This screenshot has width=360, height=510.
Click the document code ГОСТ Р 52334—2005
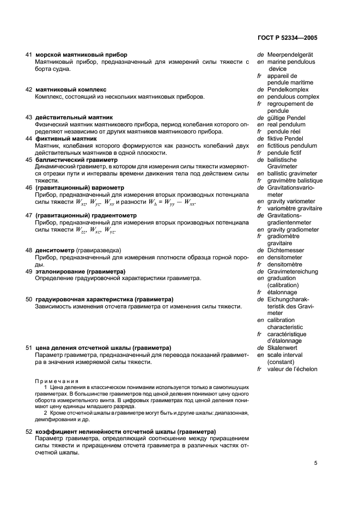pyautogui.click(x=286, y=39)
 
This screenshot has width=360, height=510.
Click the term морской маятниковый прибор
pyautogui.click(x=82, y=55)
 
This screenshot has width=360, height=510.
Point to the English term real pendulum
pyautogui.click(x=286, y=124)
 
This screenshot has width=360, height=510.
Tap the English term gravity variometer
pyautogui.click(x=291, y=202)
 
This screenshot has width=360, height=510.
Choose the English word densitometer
pyautogui.click(x=287, y=257)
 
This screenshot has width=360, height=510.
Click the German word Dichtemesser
pyautogui.click(x=286, y=250)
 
